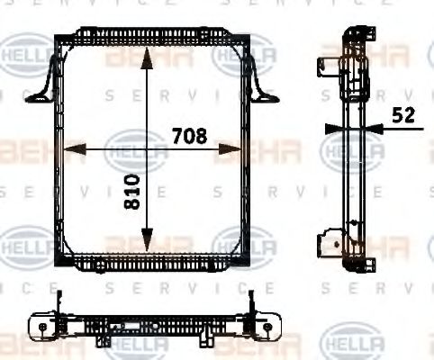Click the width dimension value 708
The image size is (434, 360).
click(189, 136)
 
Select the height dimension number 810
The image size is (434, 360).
click(133, 193)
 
